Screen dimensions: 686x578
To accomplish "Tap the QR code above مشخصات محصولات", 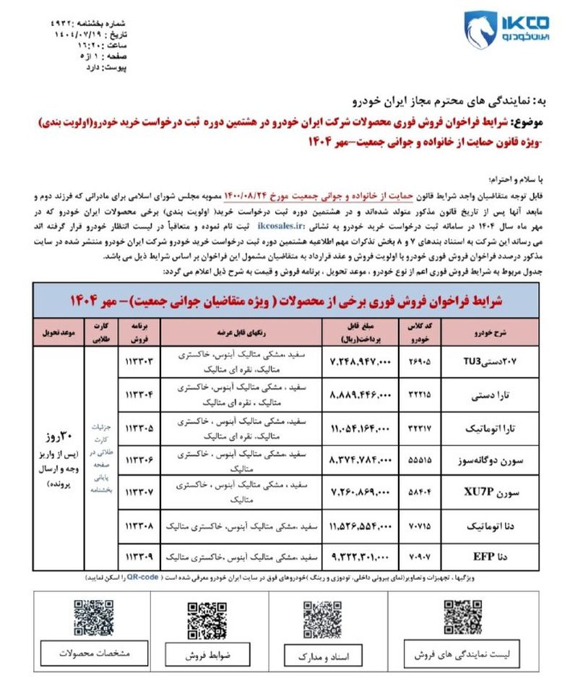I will tap(93, 618).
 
